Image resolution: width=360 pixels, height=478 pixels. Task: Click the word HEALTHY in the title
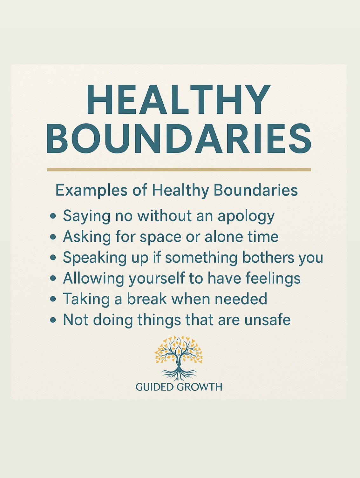tap(178, 99)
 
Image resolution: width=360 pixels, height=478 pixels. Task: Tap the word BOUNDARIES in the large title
tap(179, 139)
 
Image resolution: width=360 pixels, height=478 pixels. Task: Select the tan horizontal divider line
tap(179, 169)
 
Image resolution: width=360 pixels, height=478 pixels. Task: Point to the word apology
tap(246, 217)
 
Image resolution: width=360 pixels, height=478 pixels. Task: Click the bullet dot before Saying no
tap(53, 216)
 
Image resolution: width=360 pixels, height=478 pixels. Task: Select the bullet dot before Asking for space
tap(53, 237)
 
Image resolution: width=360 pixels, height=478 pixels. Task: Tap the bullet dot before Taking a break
tap(53, 299)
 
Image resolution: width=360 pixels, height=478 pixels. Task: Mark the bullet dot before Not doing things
tap(53, 320)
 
